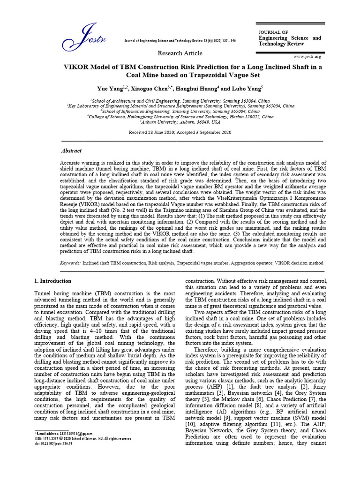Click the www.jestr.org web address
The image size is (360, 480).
(x=307, y=57)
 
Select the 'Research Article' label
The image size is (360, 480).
(x=180, y=53)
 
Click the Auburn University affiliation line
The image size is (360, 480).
(x=180, y=122)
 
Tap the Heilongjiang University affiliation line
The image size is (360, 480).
(x=180, y=117)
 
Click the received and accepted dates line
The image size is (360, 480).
(x=180, y=133)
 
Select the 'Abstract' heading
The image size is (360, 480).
(x=71, y=151)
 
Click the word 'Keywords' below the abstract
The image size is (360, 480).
(x=69, y=263)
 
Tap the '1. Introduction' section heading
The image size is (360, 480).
(x=53, y=281)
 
